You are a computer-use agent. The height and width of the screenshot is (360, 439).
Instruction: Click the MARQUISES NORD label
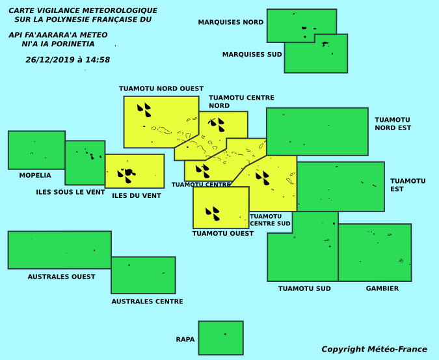(231, 22)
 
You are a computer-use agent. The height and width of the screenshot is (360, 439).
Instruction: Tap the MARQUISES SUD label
(252, 54)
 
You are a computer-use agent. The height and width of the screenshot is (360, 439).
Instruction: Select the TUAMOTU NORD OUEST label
(161, 89)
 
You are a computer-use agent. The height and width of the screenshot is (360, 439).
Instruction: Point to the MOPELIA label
(35, 175)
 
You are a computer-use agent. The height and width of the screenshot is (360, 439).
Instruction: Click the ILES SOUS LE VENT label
(70, 192)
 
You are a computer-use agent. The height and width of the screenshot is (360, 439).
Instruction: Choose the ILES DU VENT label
(137, 195)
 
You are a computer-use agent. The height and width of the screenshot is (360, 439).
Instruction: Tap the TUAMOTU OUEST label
(223, 233)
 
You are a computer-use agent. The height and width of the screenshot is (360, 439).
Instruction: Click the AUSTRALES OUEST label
(61, 277)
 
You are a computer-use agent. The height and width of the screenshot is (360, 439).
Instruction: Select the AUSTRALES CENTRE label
(147, 301)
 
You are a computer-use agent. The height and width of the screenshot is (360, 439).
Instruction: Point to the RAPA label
(185, 339)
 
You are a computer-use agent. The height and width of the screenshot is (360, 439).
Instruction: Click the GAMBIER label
(382, 288)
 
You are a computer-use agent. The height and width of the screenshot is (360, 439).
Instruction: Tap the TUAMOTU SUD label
(304, 288)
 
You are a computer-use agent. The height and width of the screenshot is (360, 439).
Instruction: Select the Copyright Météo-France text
(374, 350)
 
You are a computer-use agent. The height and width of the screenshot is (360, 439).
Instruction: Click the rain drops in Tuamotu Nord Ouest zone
(144, 110)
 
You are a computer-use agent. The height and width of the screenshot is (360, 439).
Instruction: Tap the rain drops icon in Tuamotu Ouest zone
(213, 214)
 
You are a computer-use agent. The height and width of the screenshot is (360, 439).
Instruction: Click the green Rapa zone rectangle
(221, 338)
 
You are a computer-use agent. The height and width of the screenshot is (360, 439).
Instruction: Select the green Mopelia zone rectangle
(36, 150)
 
